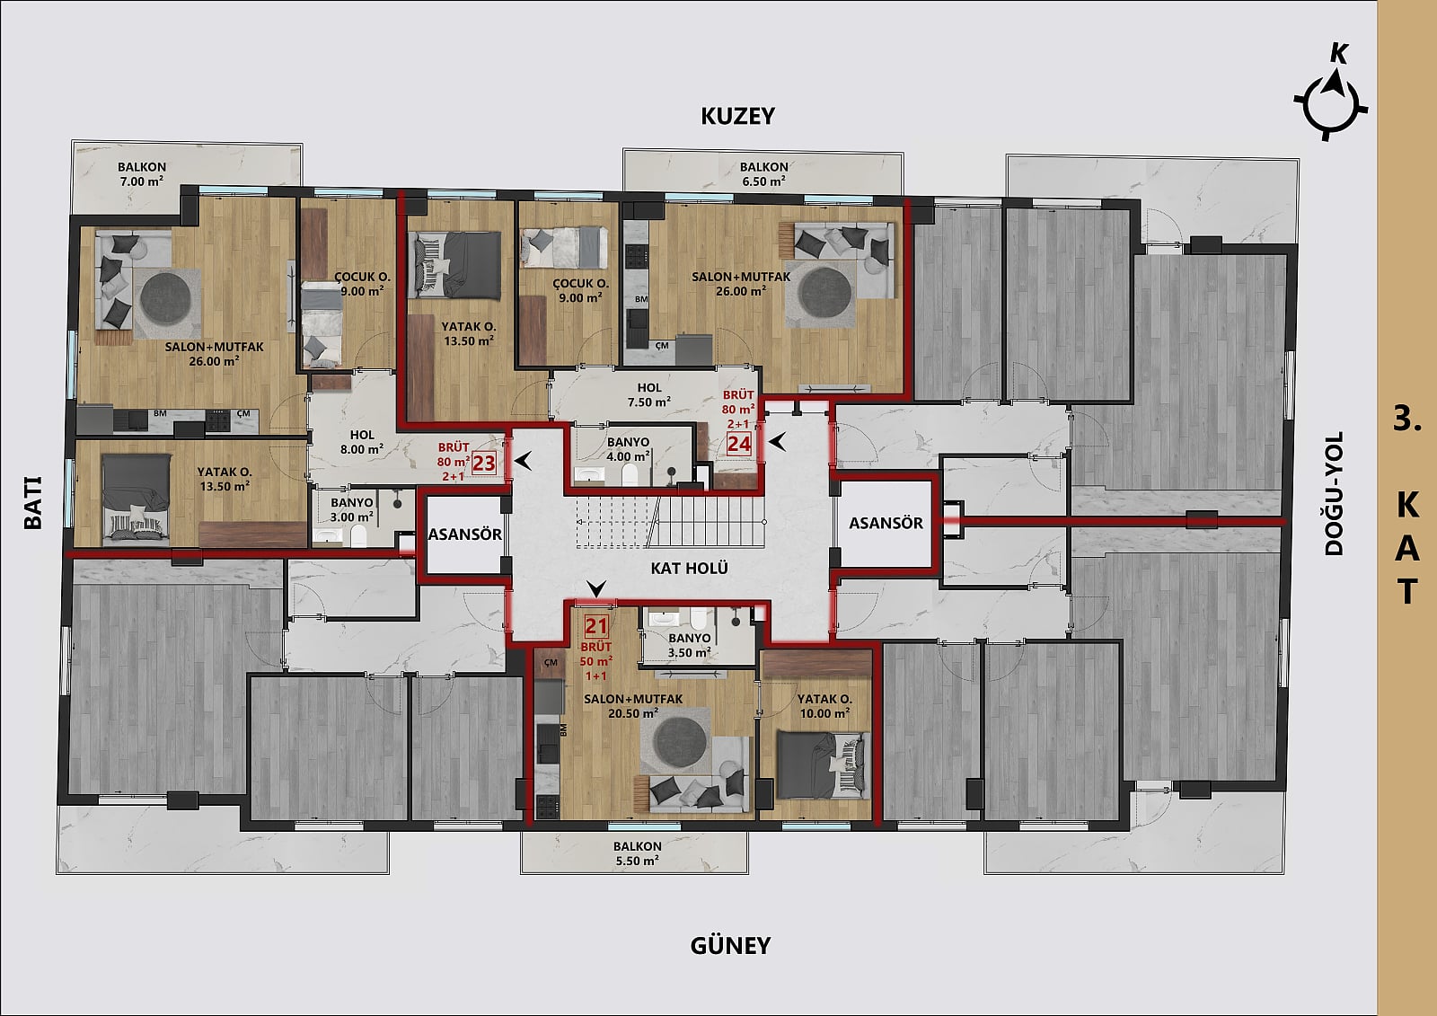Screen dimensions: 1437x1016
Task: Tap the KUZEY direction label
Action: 737,116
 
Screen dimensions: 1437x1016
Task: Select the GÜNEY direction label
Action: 730,945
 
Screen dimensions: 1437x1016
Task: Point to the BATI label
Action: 32,502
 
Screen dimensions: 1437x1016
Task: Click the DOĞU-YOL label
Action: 1335,493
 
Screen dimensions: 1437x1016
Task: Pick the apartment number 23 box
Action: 484,463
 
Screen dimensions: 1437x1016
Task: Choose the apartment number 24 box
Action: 738,444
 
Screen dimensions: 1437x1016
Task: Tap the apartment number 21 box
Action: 596,626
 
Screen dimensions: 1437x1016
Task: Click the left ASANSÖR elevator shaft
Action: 464,535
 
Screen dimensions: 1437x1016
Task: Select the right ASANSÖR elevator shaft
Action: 886,524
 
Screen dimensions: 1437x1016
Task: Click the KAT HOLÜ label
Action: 689,568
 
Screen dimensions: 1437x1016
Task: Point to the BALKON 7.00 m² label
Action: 142,174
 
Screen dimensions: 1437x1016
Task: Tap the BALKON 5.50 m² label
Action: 637,853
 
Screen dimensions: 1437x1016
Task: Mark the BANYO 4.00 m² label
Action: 628,449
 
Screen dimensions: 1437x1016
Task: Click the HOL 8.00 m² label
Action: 362,442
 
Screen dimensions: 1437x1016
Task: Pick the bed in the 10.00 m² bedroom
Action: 822,765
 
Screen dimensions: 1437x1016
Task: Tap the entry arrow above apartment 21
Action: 596,588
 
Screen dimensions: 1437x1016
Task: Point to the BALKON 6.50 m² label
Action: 763,174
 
